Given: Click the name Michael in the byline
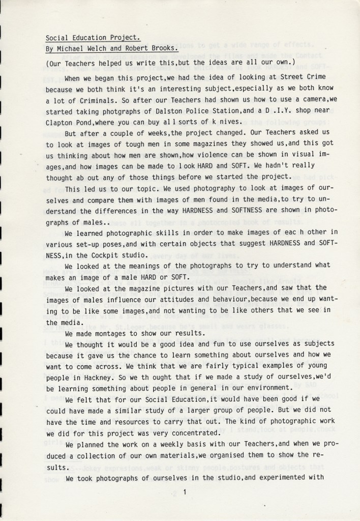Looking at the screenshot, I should pos(69,48).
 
